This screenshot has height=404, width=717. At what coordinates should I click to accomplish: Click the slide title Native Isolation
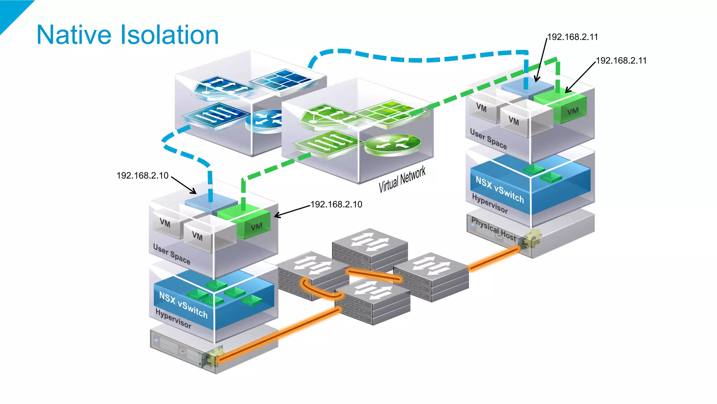(127, 35)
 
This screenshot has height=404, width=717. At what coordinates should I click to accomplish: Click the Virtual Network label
(402, 179)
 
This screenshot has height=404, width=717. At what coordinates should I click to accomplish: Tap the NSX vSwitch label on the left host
(183, 304)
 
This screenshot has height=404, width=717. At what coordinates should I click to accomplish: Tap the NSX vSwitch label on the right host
(500, 190)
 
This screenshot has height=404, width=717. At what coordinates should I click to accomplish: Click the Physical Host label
(494, 230)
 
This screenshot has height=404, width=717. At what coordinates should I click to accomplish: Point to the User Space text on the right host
(488, 139)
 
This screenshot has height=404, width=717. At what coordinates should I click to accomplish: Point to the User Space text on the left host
(172, 254)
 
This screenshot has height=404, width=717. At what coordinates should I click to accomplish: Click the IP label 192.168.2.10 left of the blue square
(142, 176)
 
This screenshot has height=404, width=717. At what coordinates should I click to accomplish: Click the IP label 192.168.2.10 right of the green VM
(336, 204)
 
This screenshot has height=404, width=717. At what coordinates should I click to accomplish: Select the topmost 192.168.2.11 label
(572, 37)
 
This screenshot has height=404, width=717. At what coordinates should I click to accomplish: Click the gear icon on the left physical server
(213, 356)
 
